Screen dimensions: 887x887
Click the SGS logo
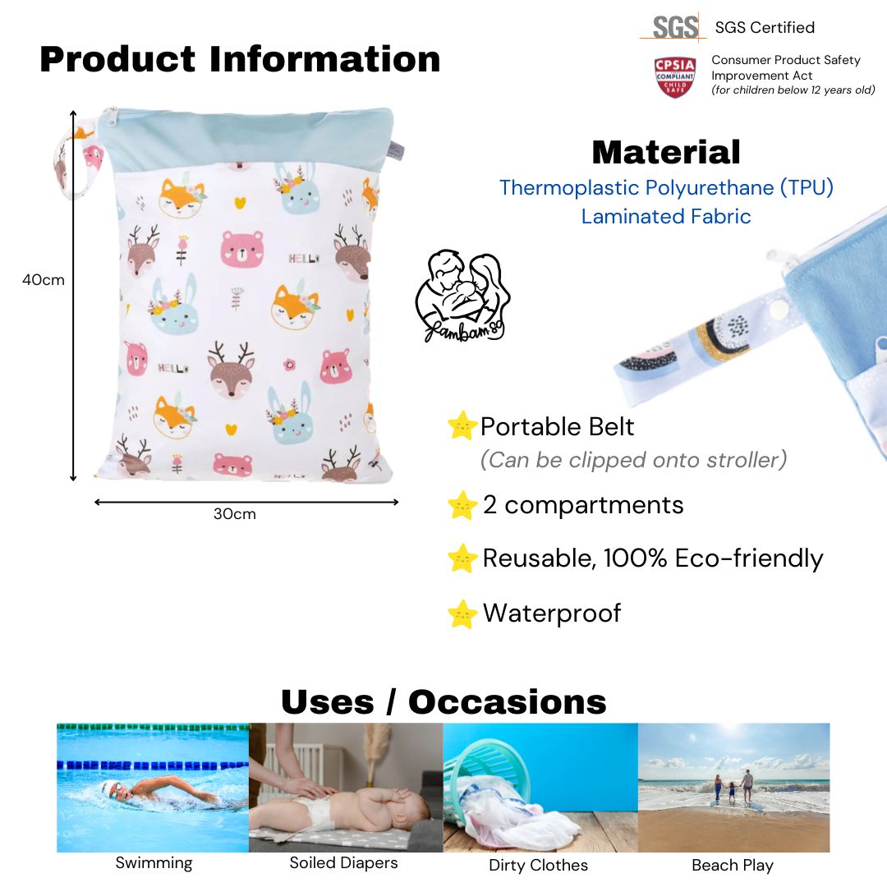674,27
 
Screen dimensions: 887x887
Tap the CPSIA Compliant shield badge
675,77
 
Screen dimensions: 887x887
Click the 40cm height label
43,280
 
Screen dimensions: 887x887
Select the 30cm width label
235,514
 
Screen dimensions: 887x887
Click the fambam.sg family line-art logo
462,296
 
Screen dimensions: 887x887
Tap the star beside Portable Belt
462,426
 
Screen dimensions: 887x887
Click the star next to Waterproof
462,614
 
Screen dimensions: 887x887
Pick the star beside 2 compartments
462,505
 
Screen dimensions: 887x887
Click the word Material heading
666,152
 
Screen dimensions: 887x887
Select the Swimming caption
154,863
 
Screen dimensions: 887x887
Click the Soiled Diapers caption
343,863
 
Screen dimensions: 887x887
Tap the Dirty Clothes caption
538,865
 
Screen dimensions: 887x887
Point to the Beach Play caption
733,866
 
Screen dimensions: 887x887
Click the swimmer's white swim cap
108,787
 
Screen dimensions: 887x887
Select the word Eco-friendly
749,558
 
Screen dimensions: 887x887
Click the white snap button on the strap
780,310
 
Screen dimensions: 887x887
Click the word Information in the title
324,59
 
